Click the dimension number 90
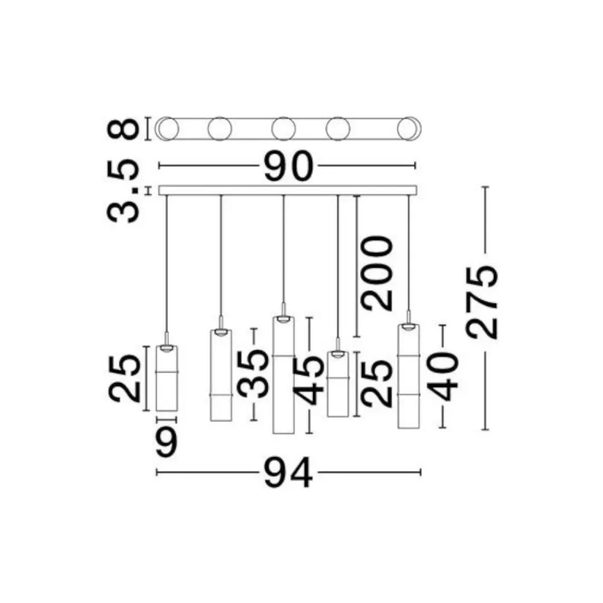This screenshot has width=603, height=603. point(289,166)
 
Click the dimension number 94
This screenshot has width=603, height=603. point(288,473)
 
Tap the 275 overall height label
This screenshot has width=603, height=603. point(482,301)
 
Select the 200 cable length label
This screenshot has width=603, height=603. point(377,273)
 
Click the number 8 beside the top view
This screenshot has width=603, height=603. point(122,128)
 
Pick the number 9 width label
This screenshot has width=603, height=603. point(166,443)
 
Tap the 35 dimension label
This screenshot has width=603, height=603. point(253,374)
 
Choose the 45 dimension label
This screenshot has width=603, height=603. point(308,380)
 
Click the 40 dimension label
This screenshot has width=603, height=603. point(443,377)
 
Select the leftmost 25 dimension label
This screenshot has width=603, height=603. point(124,379)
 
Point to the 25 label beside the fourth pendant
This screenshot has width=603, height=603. point(377,384)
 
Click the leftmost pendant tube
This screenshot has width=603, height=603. point(166,379)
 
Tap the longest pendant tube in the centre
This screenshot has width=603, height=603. point(283,375)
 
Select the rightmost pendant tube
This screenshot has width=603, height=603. point(408,376)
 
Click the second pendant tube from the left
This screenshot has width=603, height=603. point(221,375)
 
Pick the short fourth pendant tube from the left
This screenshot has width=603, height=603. point(338,384)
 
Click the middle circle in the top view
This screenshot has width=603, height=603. point(283,128)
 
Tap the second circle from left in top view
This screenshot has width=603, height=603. point(219,128)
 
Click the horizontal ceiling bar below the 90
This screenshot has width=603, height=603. point(288,191)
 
